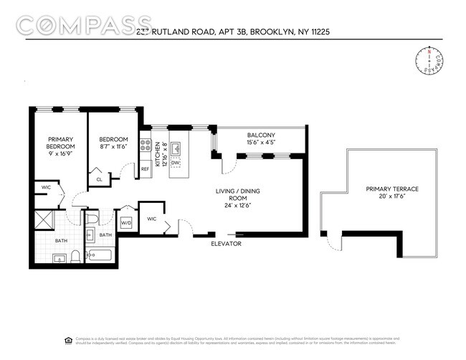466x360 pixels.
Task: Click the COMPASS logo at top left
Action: [84, 26]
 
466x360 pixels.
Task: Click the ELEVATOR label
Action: [226, 244]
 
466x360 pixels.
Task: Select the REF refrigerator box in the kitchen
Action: [145, 169]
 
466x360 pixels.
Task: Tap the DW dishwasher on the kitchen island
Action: [175, 163]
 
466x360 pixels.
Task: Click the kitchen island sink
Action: [175, 147]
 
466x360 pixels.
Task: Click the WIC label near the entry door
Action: [152, 219]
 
